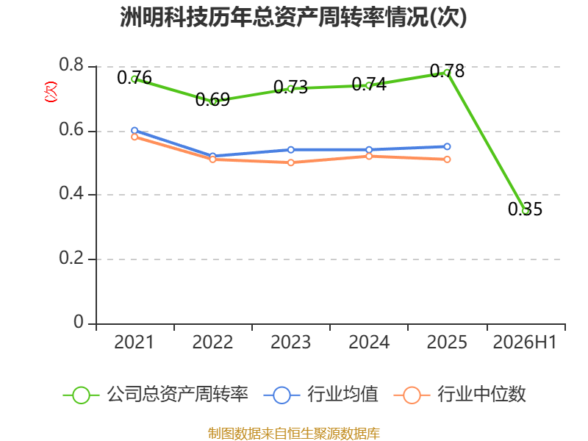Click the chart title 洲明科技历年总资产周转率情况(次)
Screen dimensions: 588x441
[x=293, y=17]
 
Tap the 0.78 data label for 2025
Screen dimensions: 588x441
[x=447, y=71]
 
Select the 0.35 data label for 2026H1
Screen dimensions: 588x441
[x=525, y=209]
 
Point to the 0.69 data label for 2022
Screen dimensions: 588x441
[x=212, y=99]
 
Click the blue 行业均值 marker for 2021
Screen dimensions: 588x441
[x=135, y=131]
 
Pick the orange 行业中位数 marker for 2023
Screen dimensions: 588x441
[x=290, y=162]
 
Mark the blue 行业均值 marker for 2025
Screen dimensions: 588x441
[x=447, y=146]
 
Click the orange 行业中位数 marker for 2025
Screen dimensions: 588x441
[x=447, y=159]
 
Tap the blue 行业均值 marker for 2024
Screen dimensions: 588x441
[x=369, y=150]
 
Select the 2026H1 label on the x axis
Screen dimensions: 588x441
[x=525, y=342]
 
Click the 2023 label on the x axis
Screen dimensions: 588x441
[x=290, y=342]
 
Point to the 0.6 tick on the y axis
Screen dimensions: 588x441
[x=71, y=130]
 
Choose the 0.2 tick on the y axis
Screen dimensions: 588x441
[x=71, y=258]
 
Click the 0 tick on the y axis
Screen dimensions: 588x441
[x=79, y=322]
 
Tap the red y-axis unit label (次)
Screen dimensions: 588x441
[x=51, y=92]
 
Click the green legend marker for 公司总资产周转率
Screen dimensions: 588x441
[x=81, y=395]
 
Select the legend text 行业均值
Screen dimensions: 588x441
[x=343, y=395]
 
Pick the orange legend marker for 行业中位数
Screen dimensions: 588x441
[x=412, y=395]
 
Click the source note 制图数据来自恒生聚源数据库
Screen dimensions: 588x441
[x=294, y=434]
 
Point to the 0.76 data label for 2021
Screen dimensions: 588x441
[x=135, y=78]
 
